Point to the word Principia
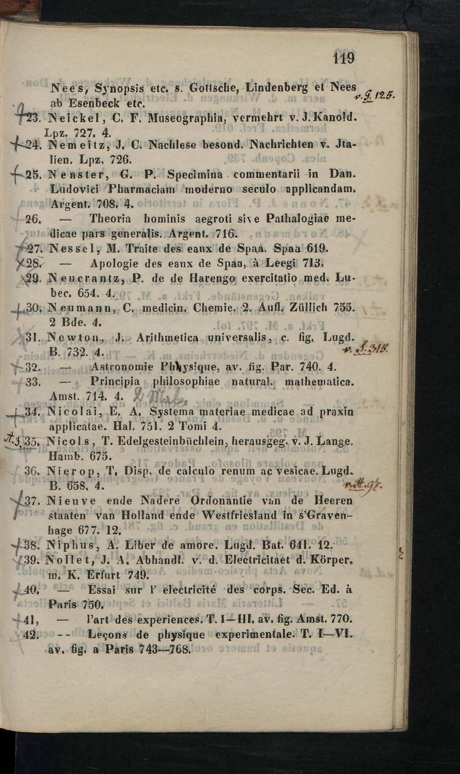[115, 382]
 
